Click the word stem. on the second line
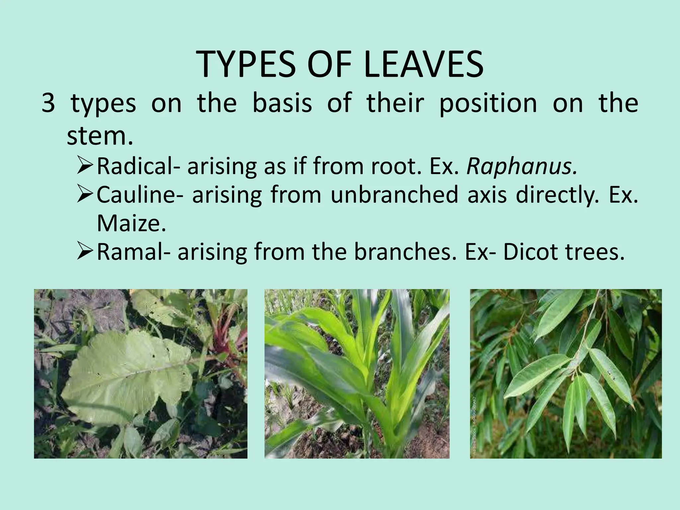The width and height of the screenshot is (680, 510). [x=100, y=136]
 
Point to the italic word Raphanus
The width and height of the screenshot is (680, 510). [x=522, y=166]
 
